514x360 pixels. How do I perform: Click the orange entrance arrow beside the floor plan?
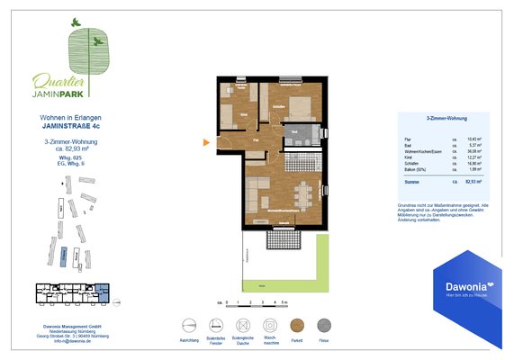206,141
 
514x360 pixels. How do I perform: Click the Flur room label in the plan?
257,141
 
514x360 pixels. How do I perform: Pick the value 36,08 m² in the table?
473,152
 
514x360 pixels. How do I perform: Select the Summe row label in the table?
413,182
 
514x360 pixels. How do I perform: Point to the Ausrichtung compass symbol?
189,326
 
